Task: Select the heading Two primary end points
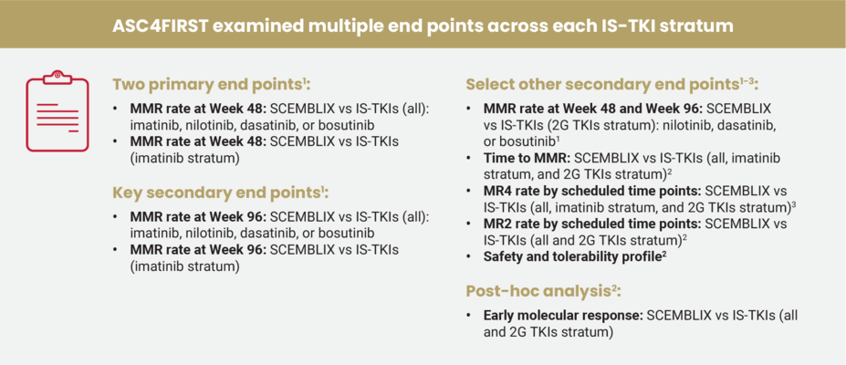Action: (x=210, y=85)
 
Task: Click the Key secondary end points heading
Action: (x=219, y=193)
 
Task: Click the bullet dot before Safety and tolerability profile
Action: (x=472, y=257)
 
